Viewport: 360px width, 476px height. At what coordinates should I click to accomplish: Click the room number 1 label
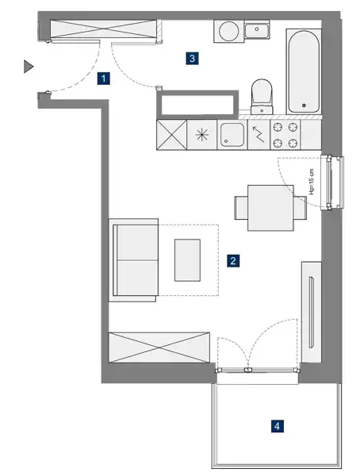[104, 79]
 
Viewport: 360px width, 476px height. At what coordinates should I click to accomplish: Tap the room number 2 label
[233, 261]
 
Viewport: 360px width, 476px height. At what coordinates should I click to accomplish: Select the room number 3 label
[192, 58]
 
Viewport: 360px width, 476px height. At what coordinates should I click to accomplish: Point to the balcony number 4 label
[277, 426]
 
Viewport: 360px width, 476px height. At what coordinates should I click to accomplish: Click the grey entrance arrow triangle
[29, 67]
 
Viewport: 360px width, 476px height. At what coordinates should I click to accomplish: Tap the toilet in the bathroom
[262, 96]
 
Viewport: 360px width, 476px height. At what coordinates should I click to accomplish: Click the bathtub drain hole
[304, 106]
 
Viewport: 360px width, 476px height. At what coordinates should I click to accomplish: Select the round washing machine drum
[228, 31]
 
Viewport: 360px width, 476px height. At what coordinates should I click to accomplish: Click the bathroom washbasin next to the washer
[257, 30]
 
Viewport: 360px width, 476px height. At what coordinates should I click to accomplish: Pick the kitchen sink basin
[232, 135]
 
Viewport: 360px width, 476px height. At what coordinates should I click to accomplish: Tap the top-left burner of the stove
[277, 127]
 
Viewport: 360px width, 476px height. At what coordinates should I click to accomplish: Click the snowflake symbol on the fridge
[202, 135]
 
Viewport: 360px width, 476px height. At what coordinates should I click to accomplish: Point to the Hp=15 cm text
[312, 182]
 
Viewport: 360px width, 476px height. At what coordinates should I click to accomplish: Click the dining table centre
[270, 208]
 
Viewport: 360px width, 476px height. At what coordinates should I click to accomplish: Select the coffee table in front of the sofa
[187, 260]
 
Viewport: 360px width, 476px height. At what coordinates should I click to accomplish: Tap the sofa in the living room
[133, 260]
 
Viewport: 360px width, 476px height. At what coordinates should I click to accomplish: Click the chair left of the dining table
[241, 208]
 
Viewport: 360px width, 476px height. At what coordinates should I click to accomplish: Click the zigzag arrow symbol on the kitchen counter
[259, 134]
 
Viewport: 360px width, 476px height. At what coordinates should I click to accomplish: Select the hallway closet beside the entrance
[104, 29]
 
